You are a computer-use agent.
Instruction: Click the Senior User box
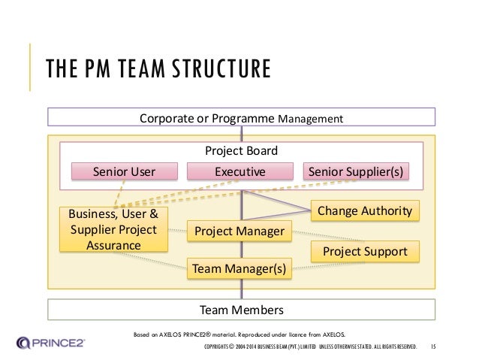[x=124, y=172]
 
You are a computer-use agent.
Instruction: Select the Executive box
[x=240, y=172]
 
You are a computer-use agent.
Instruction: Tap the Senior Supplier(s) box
[x=356, y=172]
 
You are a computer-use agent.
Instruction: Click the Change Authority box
[x=365, y=212]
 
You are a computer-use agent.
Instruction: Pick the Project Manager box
[x=239, y=231]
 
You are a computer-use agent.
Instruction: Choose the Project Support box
[x=365, y=251]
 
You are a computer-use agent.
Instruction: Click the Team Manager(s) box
[x=239, y=268]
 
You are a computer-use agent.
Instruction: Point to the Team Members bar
[x=240, y=310]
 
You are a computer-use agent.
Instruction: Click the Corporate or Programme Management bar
[x=240, y=118]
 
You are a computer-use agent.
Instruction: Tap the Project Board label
[x=241, y=150]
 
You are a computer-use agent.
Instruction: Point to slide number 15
[x=433, y=347]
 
